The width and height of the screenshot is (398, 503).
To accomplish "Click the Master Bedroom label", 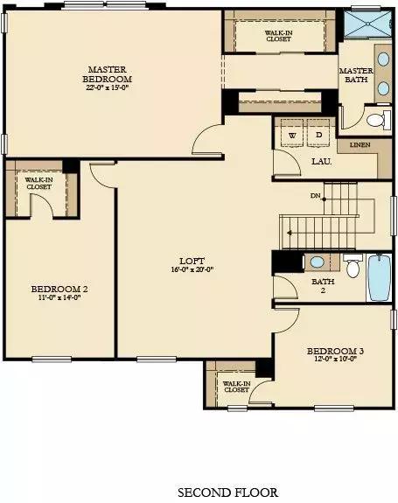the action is (x=107, y=74).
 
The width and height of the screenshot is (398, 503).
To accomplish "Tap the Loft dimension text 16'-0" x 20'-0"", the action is (x=192, y=269).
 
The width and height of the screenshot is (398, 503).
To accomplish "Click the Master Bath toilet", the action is (x=379, y=120).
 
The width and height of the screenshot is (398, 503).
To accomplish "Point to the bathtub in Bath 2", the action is (x=379, y=277).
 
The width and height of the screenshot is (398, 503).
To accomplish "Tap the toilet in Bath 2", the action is (x=353, y=266).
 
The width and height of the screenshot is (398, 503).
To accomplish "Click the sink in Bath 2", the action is (x=318, y=262).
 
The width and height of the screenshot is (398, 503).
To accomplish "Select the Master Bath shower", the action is (x=368, y=24).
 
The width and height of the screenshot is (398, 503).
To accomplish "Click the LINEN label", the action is (x=360, y=144).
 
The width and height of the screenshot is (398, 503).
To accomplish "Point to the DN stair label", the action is (x=315, y=195).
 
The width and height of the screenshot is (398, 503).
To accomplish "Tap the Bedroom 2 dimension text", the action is (x=59, y=297).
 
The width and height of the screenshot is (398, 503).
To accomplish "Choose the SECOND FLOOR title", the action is (x=228, y=493).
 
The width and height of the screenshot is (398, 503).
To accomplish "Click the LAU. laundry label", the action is (x=321, y=162).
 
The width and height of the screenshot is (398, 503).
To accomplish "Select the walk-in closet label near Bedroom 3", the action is (x=237, y=387).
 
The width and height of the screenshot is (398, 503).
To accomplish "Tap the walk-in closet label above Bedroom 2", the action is (x=38, y=183).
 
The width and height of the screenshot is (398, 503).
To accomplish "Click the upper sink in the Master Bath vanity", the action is (x=383, y=59).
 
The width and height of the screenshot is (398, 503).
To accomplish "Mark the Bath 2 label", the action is (x=323, y=285).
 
